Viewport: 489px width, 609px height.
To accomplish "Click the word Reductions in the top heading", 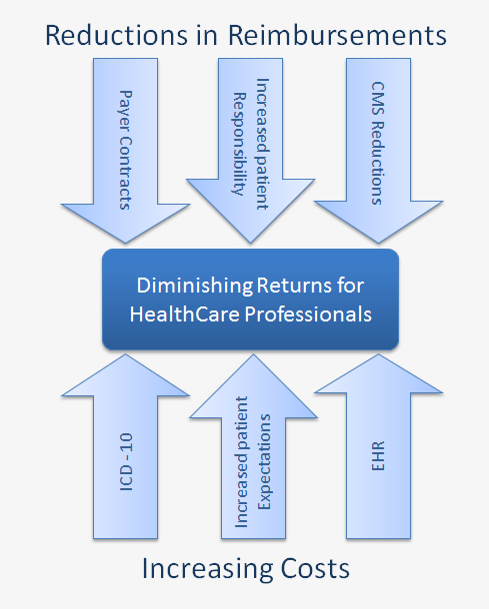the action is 116,35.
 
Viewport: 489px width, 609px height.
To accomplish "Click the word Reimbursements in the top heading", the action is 337,35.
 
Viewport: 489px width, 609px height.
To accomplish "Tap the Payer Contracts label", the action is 125,150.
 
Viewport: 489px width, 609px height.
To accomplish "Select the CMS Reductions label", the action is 377,143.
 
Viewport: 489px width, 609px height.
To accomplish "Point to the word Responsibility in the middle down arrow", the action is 239,144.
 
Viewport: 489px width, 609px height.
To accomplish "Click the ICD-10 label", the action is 126,462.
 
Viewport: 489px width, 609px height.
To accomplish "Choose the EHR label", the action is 378,455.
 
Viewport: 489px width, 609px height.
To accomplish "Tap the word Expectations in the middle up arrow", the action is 265,462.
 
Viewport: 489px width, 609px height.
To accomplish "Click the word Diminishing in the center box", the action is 195,286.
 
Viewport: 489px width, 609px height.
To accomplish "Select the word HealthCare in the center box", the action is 184,313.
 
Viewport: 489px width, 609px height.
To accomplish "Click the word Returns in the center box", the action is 294,286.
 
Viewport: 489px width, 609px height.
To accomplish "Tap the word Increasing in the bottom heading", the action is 208,569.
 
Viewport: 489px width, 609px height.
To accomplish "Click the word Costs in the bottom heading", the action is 315,568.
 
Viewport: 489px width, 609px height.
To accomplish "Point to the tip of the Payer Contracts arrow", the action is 125,244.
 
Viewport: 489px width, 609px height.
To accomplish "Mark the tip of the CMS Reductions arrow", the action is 378,244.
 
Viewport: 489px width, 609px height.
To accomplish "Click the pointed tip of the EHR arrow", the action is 378,353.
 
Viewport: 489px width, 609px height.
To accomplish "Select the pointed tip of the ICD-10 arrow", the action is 125,353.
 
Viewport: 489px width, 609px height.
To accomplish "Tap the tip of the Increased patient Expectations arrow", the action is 253,353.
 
